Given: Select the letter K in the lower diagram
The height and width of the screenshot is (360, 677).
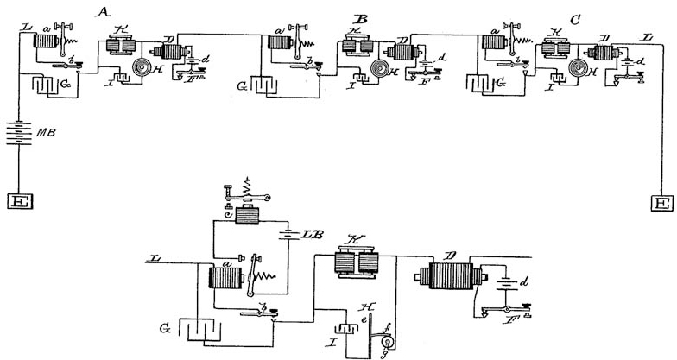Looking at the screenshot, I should pyautogui.click(x=352, y=239).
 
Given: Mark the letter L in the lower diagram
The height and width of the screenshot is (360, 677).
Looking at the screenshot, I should pyautogui.click(x=154, y=258).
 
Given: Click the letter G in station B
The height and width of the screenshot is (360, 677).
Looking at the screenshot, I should pyautogui.click(x=244, y=86).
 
